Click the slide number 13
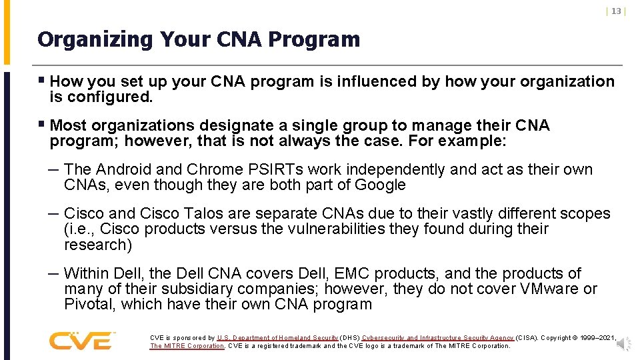[616, 11]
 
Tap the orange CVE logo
[81, 341]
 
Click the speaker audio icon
[623, 344]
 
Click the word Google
[380, 185]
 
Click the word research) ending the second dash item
[98, 245]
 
